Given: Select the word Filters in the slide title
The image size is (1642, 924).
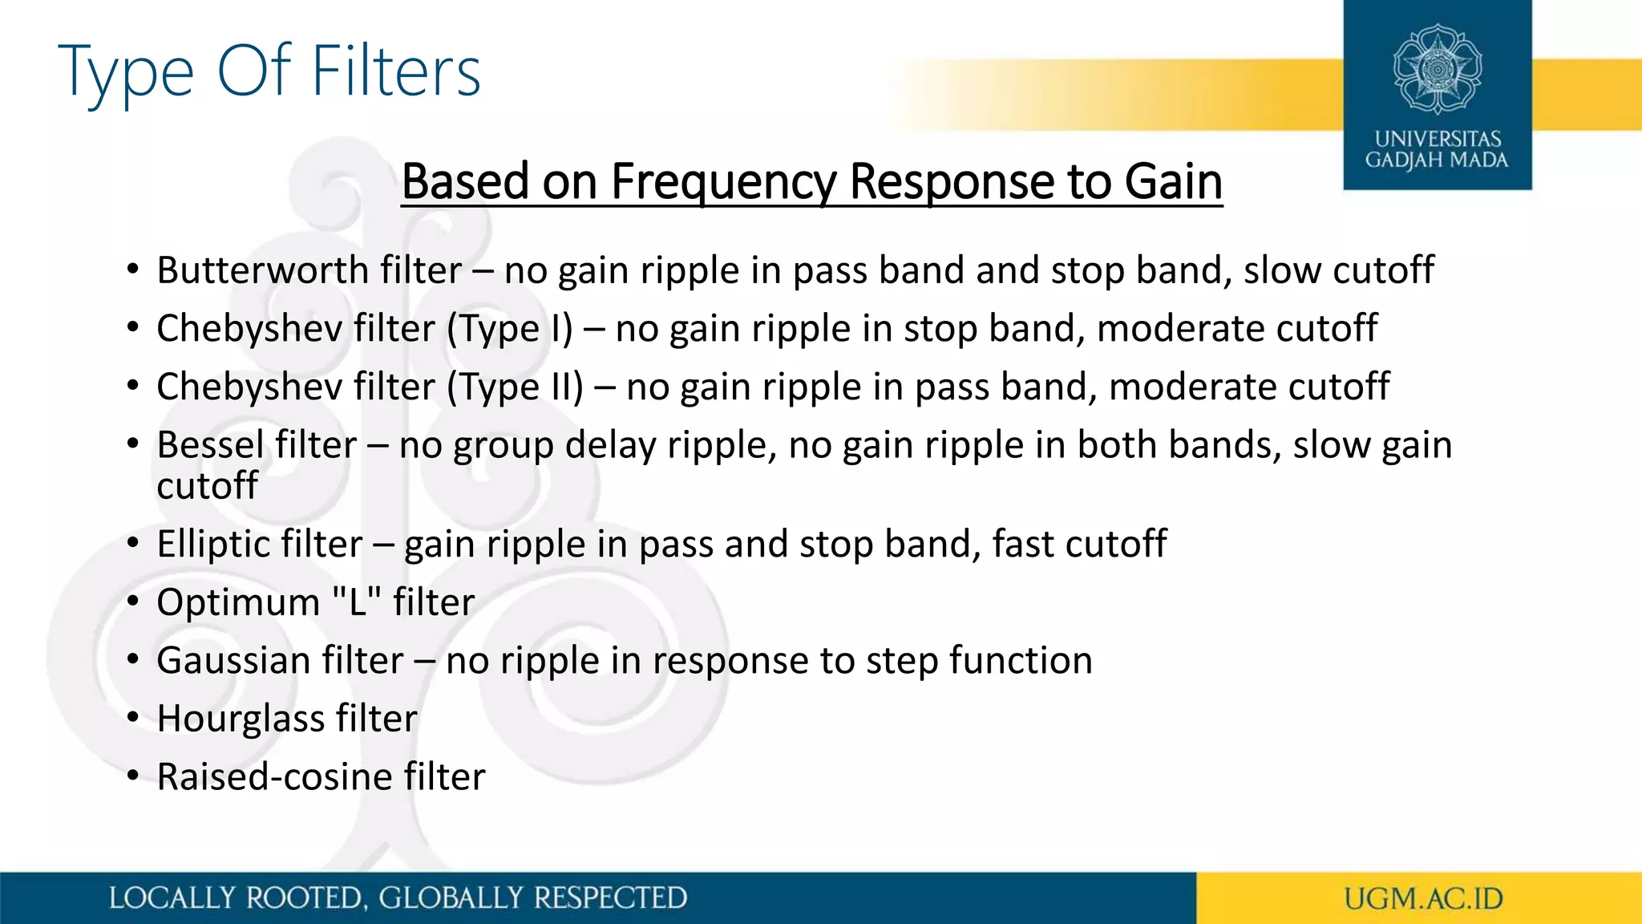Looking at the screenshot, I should (x=395, y=71).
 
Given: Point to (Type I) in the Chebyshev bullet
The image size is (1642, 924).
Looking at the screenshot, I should (x=509, y=329).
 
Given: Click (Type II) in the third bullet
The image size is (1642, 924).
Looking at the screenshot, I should (x=515, y=387).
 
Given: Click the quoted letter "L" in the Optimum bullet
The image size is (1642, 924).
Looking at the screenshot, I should (x=356, y=602).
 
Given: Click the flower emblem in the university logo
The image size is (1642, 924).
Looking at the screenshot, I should (x=1437, y=69).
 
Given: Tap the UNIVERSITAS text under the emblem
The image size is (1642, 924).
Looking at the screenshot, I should (x=1438, y=139).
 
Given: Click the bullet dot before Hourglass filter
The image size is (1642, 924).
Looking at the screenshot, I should (x=133, y=717).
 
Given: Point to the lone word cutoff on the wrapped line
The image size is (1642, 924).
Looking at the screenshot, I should (x=207, y=486).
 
